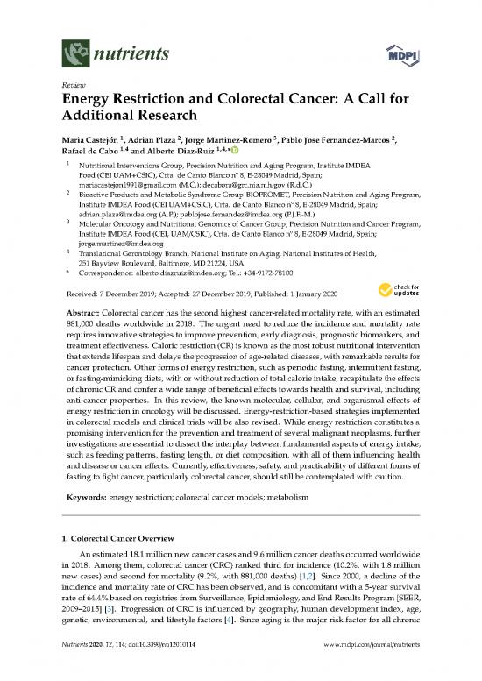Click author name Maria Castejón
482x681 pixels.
87,138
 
